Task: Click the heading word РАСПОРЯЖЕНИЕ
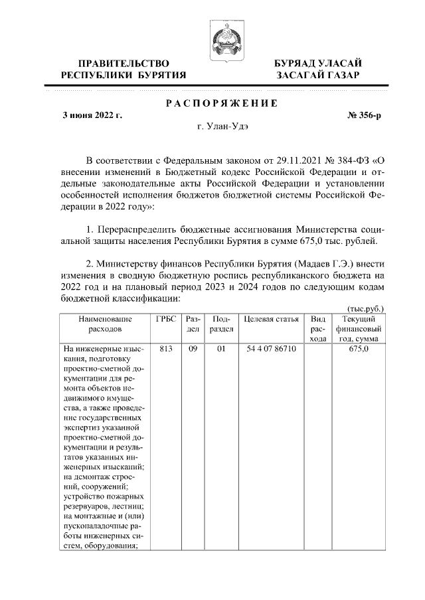221,103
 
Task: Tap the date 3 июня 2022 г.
92,115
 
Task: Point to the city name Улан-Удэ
228,125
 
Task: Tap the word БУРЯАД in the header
296,63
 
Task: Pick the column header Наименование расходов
106,324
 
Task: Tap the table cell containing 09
193,347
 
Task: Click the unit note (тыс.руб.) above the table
367,309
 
